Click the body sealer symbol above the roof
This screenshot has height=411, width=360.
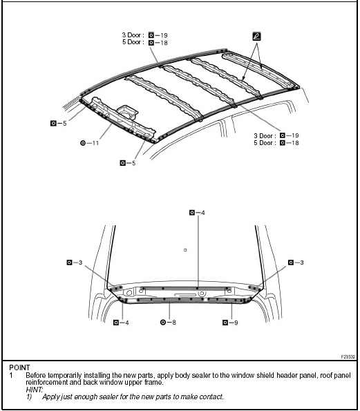click(257, 35)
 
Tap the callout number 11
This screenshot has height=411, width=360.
click(93, 143)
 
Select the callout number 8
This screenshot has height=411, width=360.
click(171, 322)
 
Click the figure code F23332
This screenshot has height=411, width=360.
click(347, 356)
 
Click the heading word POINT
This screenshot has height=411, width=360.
click(19, 367)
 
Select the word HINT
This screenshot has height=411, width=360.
click(34, 389)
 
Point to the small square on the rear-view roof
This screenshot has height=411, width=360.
click(186, 249)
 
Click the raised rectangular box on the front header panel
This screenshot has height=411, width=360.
click(128, 111)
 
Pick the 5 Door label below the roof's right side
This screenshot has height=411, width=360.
click(265, 143)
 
